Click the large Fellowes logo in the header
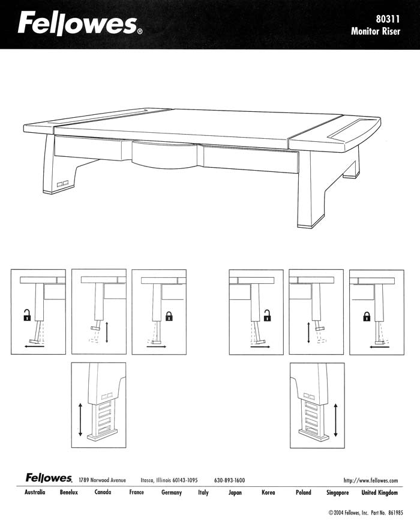80,23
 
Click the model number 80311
388,19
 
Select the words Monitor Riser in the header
376,31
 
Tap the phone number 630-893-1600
229,480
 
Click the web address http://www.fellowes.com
371,480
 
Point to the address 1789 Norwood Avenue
102,480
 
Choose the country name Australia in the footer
35,492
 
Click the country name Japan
235,492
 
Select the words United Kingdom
379,492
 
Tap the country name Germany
172,492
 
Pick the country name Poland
304,492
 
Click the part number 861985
396,513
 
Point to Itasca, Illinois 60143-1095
169,480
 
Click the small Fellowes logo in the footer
49,478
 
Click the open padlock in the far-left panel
27,315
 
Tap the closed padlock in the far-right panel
367,317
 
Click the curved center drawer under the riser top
164,154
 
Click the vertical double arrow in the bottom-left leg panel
80,419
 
